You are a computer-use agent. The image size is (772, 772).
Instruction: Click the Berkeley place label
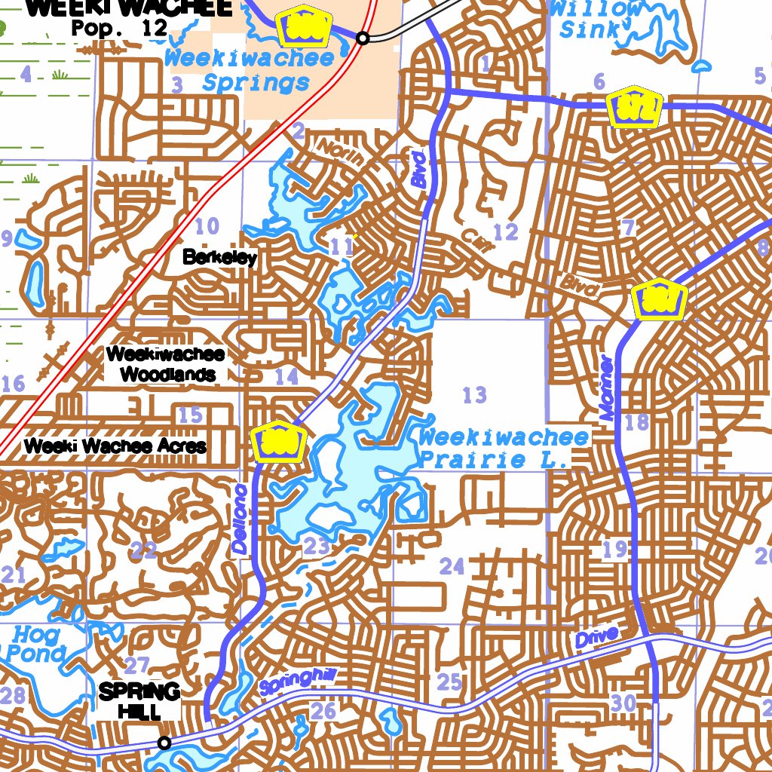219,258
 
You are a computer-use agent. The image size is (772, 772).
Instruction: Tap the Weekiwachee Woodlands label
165,363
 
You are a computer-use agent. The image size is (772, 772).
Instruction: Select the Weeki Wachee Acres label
115,446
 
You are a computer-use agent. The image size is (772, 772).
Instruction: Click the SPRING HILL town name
139,700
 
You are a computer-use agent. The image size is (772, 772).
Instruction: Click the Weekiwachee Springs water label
249,70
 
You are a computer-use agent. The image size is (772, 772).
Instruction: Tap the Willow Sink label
596,20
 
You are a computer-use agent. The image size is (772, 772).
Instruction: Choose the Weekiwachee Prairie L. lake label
503,448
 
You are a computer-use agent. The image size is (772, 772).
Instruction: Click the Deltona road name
240,519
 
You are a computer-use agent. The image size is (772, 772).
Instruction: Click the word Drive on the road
596,636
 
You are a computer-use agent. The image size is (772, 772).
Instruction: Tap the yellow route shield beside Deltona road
278,441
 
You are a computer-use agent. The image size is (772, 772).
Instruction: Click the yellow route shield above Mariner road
660,299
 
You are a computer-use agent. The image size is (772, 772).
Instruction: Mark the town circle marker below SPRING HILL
164,743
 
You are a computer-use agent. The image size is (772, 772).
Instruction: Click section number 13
475,394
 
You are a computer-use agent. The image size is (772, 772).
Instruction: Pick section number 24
452,566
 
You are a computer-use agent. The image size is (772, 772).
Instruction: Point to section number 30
624,703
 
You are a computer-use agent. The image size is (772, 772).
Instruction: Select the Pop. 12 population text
119,28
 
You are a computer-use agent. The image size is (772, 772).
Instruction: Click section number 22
143,550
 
